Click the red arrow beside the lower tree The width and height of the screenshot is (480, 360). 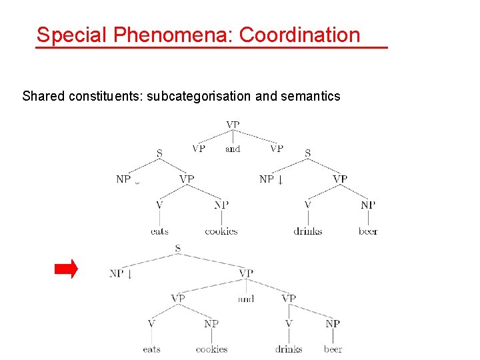[x=66, y=269]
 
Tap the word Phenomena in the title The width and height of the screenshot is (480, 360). [x=173, y=35]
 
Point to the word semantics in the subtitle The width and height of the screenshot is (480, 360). [x=310, y=96]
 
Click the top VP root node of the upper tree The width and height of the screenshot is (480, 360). [x=233, y=125]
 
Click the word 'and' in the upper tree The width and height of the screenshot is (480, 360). [x=233, y=149]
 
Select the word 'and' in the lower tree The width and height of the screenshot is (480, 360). [x=246, y=299]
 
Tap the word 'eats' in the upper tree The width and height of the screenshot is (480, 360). [x=159, y=231]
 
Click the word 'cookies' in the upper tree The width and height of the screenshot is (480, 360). [x=221, y=231]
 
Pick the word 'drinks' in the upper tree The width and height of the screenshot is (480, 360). [x=307, y=231]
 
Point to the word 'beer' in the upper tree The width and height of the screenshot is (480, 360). [x=368, y=231]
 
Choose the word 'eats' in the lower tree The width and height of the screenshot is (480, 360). [x=151, y=349]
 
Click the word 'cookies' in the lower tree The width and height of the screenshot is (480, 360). [x=211, y=349]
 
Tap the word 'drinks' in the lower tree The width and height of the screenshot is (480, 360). [x=289, y=349]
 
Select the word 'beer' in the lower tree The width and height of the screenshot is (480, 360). [x=333, y=349]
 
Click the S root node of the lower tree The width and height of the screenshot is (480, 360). [x=177, y=249]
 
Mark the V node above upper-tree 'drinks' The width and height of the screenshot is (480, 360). [x=307, y=205]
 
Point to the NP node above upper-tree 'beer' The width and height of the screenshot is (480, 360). [x=368, y=205]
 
